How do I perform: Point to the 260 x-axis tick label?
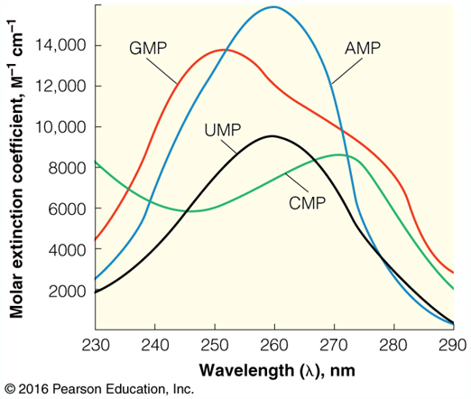pyautogui.click(x=273, y=346)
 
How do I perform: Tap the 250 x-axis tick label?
pyautogui.click(x=214, y=346)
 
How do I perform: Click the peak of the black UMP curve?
pyautogui.click(x=271, y=136)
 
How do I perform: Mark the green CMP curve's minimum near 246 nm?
pyautogui.click(x=189, y=211)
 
